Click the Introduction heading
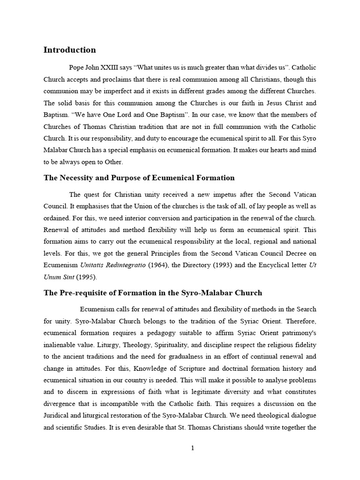pos(69,50)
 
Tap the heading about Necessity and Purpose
pos(139,178)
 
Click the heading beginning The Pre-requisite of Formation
pos(153,292)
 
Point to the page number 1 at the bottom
pos(192,448)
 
